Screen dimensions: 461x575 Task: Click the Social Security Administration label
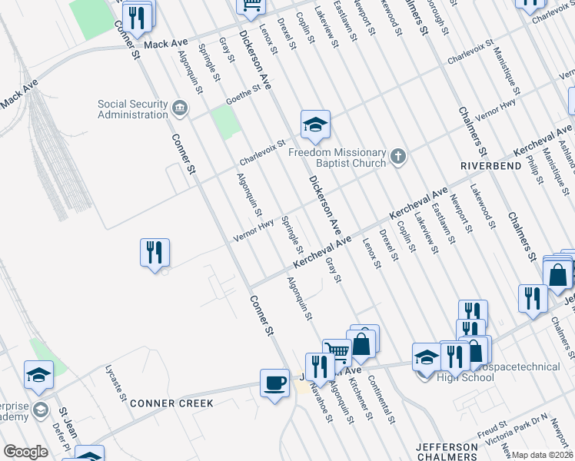coord(132,109)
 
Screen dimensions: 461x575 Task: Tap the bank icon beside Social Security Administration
coord(180,108)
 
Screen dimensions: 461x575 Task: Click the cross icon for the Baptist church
coord(397,157)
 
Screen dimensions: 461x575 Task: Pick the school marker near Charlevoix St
coord(314,125)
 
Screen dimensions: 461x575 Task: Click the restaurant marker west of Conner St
coord(155,252)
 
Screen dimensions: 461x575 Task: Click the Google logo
coord(26,452)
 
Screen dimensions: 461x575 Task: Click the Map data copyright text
coord(542,455)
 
